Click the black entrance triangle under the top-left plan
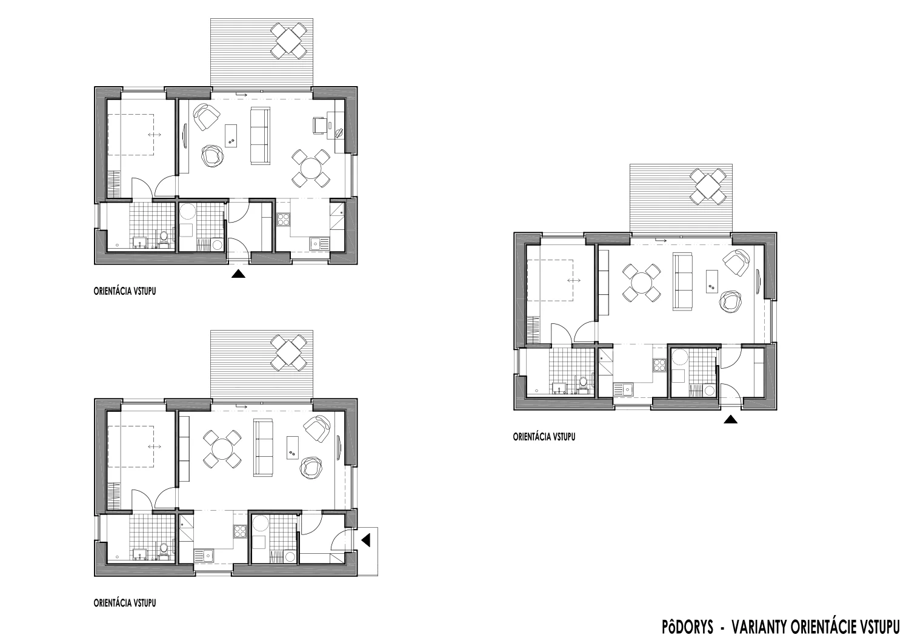[x=238, y=274]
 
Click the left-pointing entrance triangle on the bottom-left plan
[x=366, y=540]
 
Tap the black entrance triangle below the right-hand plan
[x=730, y=420]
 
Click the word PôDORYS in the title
[x=688, y=627]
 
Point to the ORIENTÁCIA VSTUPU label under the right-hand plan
[x=544, y=437]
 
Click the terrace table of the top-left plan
[x=289, y=41]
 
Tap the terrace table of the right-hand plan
[x=708, y=186]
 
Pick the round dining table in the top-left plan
[x=311, y=168]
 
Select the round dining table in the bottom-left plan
[x=222, y=449]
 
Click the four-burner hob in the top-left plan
[x=283, y=220]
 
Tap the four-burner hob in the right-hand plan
[x=659, y=365]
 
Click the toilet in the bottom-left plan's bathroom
[x=164, y=550]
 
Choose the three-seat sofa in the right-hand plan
[x=682, y=281]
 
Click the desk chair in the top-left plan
[x=319, y=125]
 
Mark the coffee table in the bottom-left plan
[x=293, y=447]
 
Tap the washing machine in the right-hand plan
[x=709, y=391]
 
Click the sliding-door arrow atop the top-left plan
[x=241, y=95]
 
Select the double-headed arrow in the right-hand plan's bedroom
[x=574, y=280]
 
